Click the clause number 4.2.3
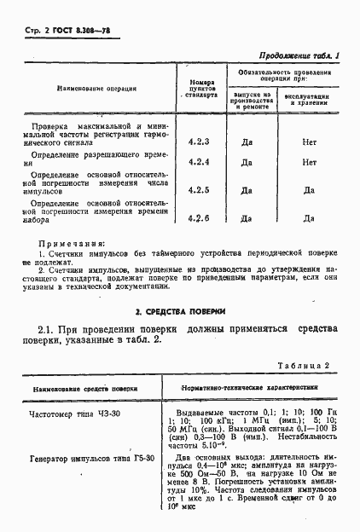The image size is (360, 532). [198, 142]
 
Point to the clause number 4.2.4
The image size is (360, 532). [198, 162]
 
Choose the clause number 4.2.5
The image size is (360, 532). [198, 191]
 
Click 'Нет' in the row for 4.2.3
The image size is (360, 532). [310, 142]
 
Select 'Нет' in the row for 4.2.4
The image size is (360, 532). [310, 162]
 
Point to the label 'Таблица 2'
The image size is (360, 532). [304, 365]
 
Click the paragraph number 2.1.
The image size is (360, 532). [48, 330]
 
